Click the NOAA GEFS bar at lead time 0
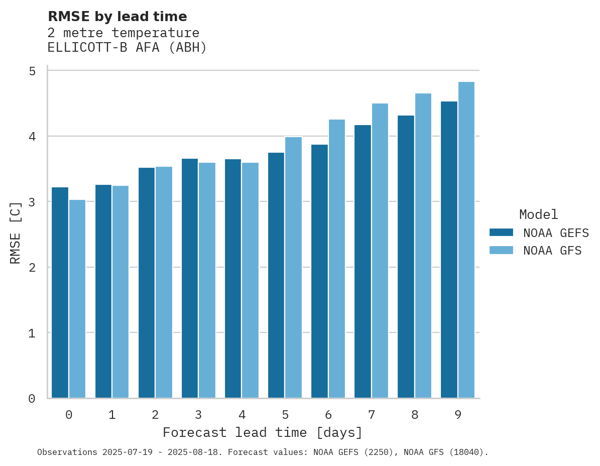pyautogui.click(x=60, y=293)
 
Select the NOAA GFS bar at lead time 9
pyautogui.click(x=466, y=240)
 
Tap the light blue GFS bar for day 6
pyautogui.click(x=336, y=259)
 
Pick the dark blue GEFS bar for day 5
pyautogui.click(x=276, y=275)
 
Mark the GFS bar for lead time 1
pyautogui.click(x=121, y=292)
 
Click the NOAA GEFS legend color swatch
pyautogui.click(x=501, y=232)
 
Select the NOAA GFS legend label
pyautogui.click(x=552, y=251)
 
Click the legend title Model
pyautogui.click(x=538, y=215)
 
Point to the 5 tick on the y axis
pyautogui.click(x=32, y=71)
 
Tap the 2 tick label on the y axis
pyautogui.click(x=32, y=268)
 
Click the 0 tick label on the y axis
pyautogui.click(x=32, y=399)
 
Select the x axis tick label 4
pyautogui.click(x=242, y=415)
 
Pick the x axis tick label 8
pyautogui.click(x=415, y=415)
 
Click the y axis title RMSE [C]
pyautogui.click(x=16, y=232)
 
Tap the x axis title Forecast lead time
pyautogui.click(x=262, y=432)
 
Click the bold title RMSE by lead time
pyautogui.click(x=117, y=17)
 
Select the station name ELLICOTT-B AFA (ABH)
pyautogui.click(x=127, y=48)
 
